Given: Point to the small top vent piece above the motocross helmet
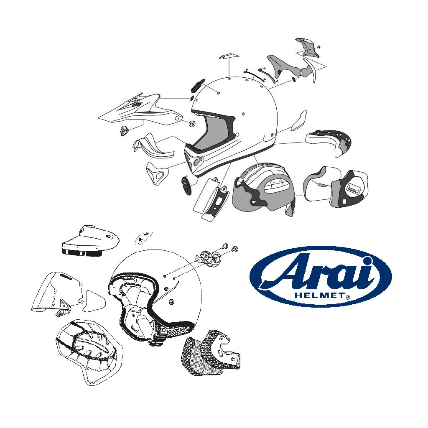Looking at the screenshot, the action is [229, 56].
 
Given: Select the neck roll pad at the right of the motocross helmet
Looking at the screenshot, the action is [329, 143].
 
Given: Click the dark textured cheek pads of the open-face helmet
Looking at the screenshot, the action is [210, 352].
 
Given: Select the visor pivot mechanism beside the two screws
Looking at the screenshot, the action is [209, 257].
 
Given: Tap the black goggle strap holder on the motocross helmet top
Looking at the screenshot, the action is [197, 85].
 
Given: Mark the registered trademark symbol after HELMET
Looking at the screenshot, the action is [348, 297].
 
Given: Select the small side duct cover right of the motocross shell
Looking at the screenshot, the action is [299, 120].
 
